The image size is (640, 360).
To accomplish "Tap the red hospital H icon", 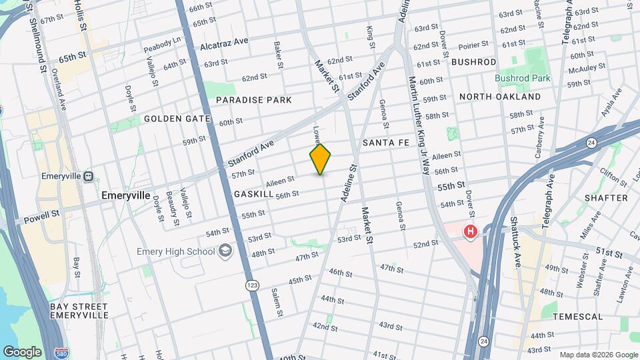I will (471, 232).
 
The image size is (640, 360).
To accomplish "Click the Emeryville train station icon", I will (89, 177).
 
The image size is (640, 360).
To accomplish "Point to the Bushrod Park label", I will (523, 78).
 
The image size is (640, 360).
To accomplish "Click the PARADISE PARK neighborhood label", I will (254, 100).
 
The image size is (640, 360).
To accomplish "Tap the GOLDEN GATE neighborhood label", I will (177, 119).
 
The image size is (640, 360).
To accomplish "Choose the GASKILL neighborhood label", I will (254, 193).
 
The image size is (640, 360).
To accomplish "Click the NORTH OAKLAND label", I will (500, 97).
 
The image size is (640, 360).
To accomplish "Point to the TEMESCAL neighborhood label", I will (579, 317).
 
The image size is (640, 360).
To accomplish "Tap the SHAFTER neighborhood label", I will (606, 198).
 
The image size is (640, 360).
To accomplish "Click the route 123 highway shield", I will (252, 285).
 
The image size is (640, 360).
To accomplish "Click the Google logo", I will (22, 351).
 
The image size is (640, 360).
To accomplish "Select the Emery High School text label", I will (175, 251).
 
